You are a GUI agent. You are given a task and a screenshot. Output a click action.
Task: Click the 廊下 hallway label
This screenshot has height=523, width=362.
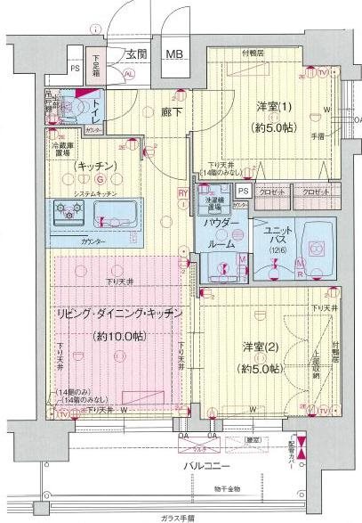[x=171, y=112]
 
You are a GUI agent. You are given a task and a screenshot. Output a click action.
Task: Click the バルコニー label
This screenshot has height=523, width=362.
[x=207, y=465]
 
